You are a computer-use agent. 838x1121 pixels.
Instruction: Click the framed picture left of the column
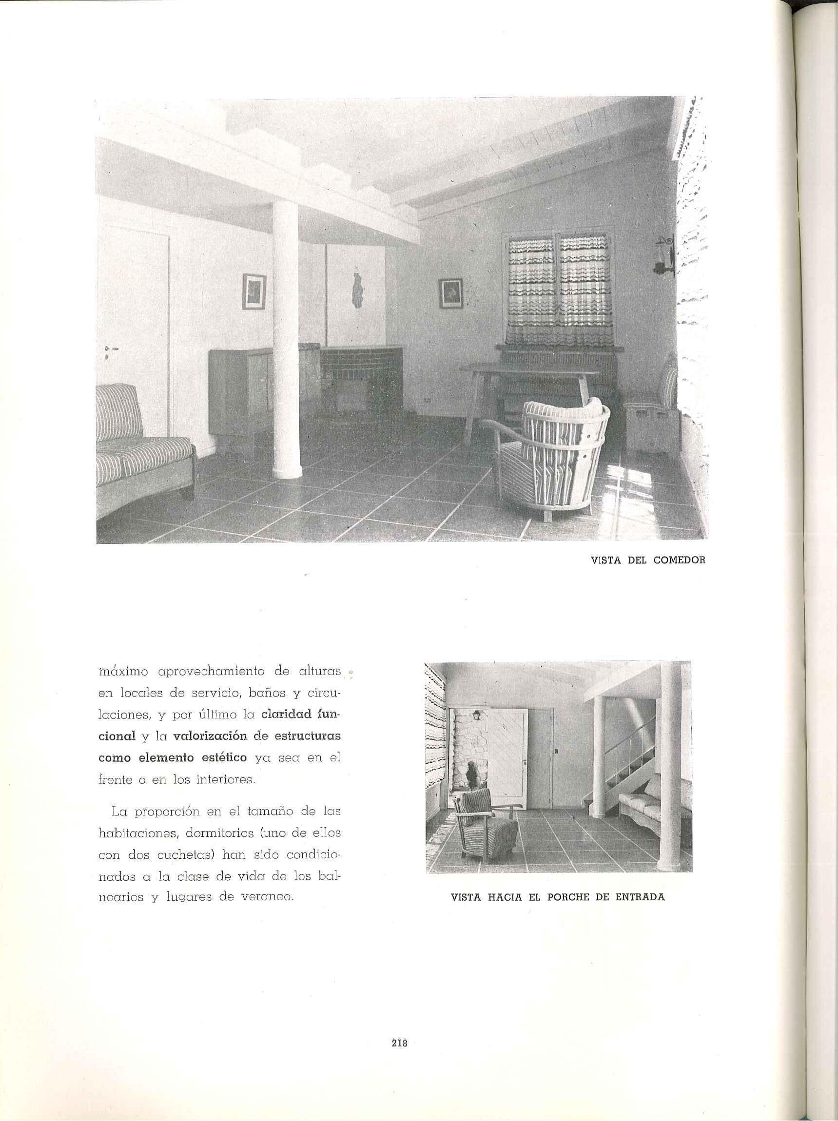(253, 291)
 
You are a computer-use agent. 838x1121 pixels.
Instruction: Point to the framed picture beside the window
(450, 293)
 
